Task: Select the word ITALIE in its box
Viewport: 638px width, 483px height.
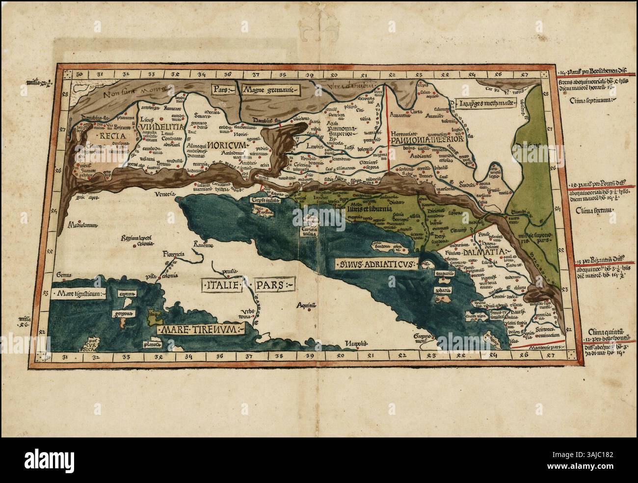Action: (x=221, y=284)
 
